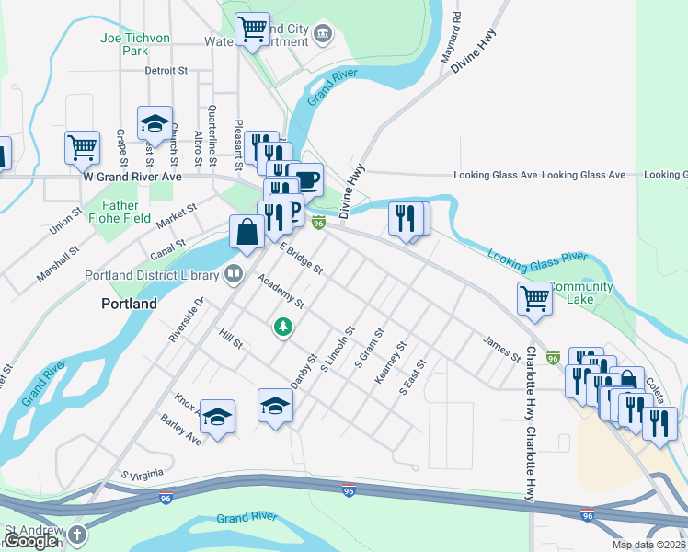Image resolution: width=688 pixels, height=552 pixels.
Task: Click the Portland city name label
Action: point(128,303)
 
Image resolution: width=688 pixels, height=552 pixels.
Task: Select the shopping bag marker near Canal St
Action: point(247,233)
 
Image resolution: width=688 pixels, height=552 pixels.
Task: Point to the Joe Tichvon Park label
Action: point(135,44)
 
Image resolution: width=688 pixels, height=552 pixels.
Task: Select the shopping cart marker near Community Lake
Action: point(534,298)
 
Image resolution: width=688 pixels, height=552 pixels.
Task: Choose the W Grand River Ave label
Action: point(132,175)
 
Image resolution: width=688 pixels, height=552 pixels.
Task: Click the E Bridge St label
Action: point(302,259)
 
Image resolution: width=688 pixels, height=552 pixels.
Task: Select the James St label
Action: point(501,348)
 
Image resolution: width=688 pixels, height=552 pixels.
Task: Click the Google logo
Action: point(31,541)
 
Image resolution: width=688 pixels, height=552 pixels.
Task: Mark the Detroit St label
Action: point(166,70)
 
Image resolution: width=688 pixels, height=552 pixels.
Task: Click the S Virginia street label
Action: point(143,474)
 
